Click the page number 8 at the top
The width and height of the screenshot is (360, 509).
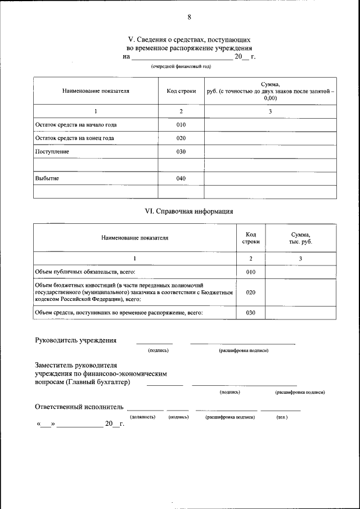point(189,17)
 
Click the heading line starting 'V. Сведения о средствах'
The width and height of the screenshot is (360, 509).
point(189,40)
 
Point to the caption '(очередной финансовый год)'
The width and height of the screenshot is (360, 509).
point(181,67)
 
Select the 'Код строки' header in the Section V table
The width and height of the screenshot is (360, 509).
point(181,91)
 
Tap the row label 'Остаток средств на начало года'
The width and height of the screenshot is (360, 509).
point(76,125)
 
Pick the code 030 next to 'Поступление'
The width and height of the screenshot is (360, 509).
point(181,152)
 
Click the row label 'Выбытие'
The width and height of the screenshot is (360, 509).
point(47,179)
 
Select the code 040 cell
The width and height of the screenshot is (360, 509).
point(181,179)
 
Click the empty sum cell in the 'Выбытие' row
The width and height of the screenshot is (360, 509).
point(270,179)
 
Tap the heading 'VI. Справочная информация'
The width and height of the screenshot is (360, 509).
point(189,211)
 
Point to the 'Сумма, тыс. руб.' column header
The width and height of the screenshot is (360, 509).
point(301,238)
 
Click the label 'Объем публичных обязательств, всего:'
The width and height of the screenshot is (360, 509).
point(85,272)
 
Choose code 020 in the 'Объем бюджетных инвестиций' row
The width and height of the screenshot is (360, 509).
point(251,292)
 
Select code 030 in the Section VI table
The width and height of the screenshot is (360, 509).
point(251,313)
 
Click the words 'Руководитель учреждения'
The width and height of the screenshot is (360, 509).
point(76,340)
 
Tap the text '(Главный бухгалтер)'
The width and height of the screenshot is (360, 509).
point(98,382)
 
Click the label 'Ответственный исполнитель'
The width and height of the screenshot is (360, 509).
point(79,406)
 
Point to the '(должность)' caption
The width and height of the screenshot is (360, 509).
point(142,417)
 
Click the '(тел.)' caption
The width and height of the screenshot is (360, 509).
point(282,417)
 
